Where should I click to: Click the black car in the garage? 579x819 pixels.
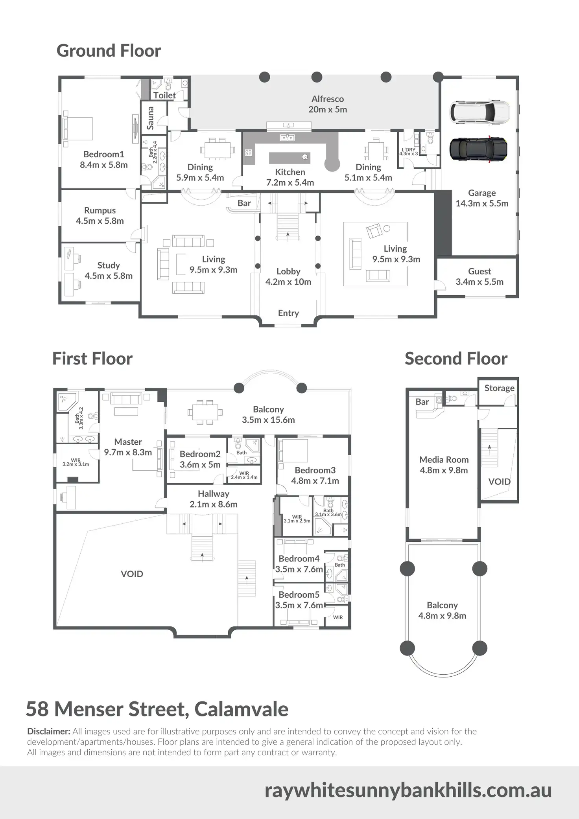point(478,149)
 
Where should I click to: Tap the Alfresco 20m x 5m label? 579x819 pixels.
point(328,104)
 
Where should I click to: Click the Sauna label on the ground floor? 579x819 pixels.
point(150,118)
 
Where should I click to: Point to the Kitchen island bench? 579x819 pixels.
point(289,158)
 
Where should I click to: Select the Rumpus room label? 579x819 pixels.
point(100,215)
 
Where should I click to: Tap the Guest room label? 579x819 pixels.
point(479,276)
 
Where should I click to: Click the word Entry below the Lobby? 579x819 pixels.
point(288,313)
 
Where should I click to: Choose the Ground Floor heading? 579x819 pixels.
point(109,51)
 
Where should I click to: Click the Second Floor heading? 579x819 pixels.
point(456,359)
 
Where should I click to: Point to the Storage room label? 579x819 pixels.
point(499,388)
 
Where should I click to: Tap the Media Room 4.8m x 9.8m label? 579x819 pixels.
point(444,465)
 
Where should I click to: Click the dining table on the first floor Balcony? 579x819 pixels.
point(205,412)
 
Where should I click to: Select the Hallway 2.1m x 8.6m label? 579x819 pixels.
point(214,499)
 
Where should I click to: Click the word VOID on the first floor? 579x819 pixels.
point(132,574)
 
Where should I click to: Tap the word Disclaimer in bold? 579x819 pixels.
point(48,731)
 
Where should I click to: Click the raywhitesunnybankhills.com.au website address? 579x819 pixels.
point(408,790)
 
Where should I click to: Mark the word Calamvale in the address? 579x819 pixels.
point(241,709)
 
